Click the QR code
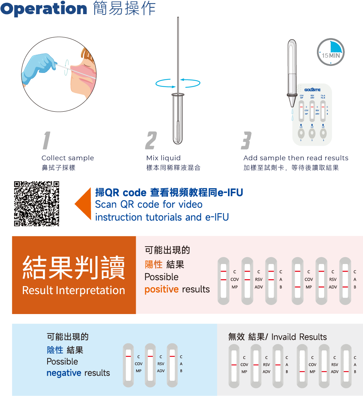[x=37, y=203]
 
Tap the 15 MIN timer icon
[x=331, y=52]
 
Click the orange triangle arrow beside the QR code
[x=84, y=204]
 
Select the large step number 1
[x=46, y=140]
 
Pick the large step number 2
[x=151, y=140]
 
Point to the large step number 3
[x=246, y=140]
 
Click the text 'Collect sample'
[x=68, y=158]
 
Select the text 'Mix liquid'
[x=163, y=158]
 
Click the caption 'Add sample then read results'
[x=295, y=158]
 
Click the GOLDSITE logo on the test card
[x=312, y=90]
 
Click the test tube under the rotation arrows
[x=178, y=118]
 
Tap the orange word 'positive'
[x=162, y=289]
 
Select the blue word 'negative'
[x=64, y=373]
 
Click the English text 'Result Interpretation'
[x=74, y=290]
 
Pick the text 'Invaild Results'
[x=299, y=337]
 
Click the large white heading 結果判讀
[x=74, y=268]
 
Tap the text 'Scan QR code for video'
[x=149, y=205]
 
